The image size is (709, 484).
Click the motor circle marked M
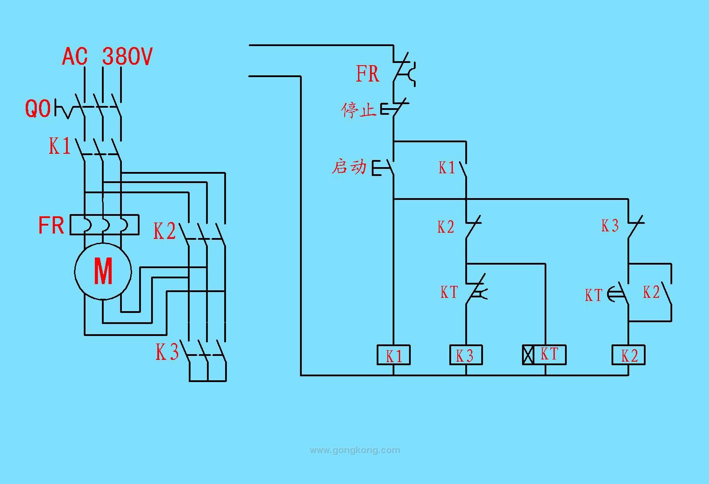click(103, 271)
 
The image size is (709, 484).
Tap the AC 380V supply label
click(107, 57)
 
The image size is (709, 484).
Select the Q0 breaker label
click(38, 109)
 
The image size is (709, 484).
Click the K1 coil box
click(393, 355)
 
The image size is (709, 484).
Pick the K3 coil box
click(466, 355)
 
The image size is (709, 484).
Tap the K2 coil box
click(628, 355)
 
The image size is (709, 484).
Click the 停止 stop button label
click(358, 110)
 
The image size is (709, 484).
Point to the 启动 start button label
click(349, 167)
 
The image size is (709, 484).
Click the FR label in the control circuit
click(367, 74)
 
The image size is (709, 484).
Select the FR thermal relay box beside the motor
click(105, 225)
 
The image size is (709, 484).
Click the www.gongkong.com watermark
click(354, 450)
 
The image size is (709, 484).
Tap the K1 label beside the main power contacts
click(59, 146)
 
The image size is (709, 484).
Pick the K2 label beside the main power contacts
click(164, 231)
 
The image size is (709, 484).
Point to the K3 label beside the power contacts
click(167, 352)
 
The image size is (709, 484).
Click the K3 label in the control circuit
click(610, 226)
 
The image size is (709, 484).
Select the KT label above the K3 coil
click(449, 292)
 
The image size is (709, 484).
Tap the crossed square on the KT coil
click(528, 355)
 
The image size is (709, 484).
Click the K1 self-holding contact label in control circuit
click(447, 168)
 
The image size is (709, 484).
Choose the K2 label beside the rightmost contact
click(651, 292)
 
